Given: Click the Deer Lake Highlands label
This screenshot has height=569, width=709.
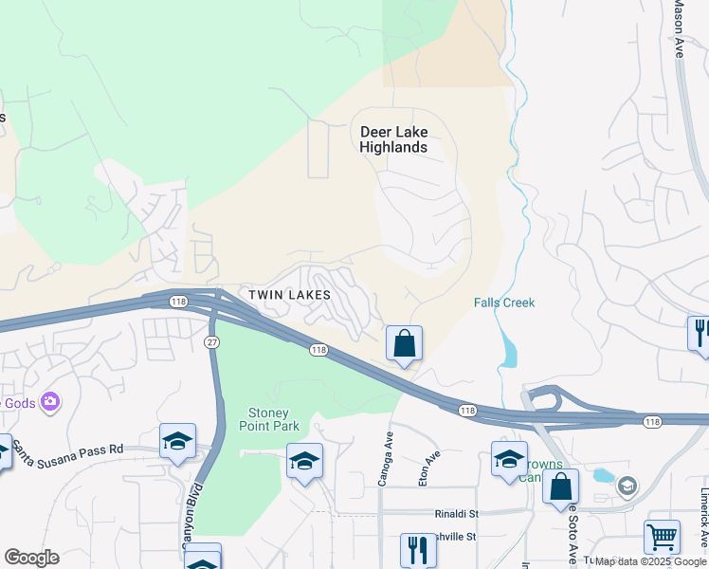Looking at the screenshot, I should (x=393, y=139).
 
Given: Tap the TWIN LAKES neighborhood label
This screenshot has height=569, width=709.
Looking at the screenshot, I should (x=289, y=295).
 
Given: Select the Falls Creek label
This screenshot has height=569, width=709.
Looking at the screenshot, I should (x=504, y=303).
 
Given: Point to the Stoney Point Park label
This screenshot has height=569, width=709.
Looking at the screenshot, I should (x=274, y=419).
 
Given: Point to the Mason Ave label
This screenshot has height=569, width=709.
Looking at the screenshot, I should (x=679, y=28).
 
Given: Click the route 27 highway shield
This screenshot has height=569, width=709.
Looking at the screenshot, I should (x=211, y=340).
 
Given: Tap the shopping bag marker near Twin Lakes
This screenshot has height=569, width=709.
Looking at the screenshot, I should (x=404, y=343).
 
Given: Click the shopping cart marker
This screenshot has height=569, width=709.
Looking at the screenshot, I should (x=662, y=537).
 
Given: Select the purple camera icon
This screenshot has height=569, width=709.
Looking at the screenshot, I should (x=50, y=403).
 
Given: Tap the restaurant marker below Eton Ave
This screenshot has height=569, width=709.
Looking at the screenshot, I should (x=414, y=549).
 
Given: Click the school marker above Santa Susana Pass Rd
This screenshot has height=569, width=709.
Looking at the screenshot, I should (x=177, y=441).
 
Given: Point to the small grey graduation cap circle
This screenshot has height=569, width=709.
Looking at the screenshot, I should (x=626, y=486).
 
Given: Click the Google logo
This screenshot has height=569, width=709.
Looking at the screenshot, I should (x=31, y=558).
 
